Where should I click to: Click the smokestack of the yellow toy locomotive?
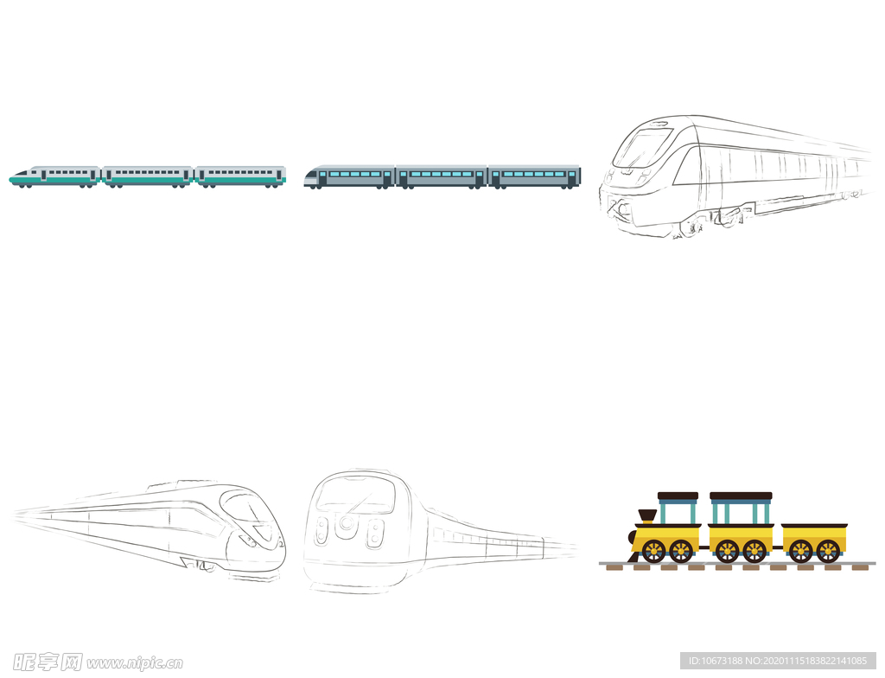click(x=646, y=515)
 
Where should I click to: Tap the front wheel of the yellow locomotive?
click(x=653, y=551)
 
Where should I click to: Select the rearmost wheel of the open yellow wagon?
click(x=828, y=552)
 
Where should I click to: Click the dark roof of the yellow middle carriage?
click(x=741, y=496)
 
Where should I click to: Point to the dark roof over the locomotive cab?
click(x=678, y=496)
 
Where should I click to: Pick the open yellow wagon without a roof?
click(x=814, y=542)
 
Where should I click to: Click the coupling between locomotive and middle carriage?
click(x=704, y=547)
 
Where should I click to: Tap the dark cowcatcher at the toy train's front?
click(x=634, y=556)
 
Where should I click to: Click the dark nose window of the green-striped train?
click(x=21, y=172)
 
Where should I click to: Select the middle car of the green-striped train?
click(x=148, y=176)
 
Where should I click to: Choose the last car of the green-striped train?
click(x=241, y=176)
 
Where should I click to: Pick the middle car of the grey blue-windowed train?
click(x=442, y=176)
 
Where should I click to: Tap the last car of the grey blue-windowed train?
click(x=534, y=176)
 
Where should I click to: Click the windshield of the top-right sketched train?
click(x=643, y=148)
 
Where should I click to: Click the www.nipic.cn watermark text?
click(x=135, y=662)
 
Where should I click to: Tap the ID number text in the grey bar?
click(x=778, y=661)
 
